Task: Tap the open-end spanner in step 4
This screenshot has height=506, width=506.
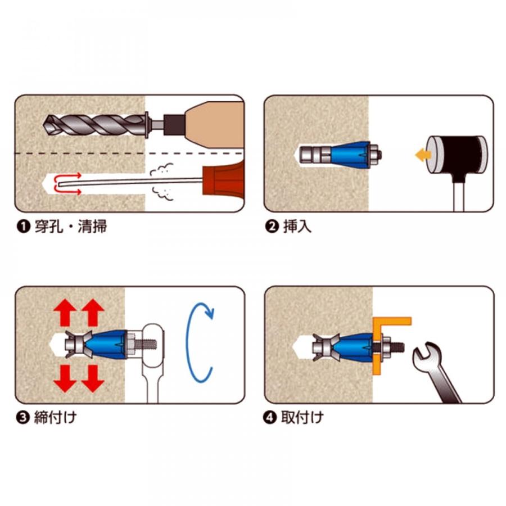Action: pyautogui.click(x=436, y=371)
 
